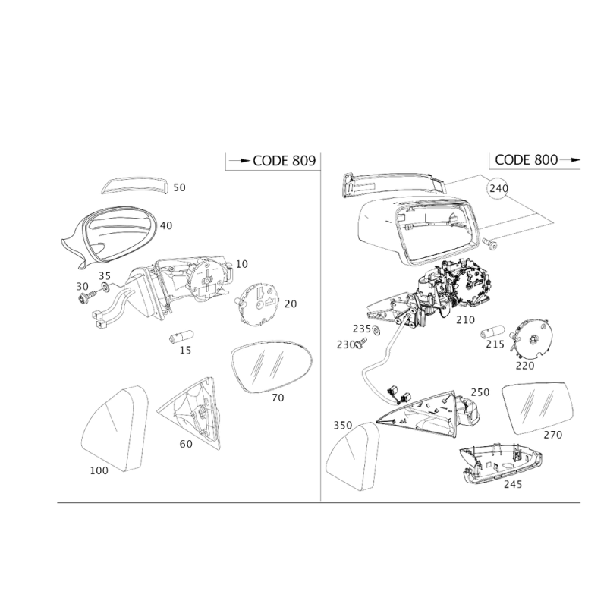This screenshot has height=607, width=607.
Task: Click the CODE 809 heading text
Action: pyautogui.click(x=284, y=160)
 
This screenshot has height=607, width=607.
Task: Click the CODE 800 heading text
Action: pyautogui.click(x=526, y=159)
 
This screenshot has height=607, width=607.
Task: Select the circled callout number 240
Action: pyautogui.click(x=498, y=188)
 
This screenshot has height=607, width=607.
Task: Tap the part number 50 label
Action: pyautogui.click(x=179, y=187)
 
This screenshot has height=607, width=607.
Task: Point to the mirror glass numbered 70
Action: pyautogui.click(x=271, y=366)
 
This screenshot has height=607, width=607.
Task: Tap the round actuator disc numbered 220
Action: pyautogui.click(x=530, y=339)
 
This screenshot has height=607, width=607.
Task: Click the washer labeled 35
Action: pyautogui.click(x=105, y=288)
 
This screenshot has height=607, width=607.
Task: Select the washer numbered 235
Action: pyautogui.click(x=375, y=330)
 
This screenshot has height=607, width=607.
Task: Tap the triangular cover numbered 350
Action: pyautogui.click(x=353, y=457)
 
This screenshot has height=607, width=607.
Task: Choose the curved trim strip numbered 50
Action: pyautogui.click(x=134, y=185)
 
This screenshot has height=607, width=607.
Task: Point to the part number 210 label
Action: pyautogui.click(x=465, y=320)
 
